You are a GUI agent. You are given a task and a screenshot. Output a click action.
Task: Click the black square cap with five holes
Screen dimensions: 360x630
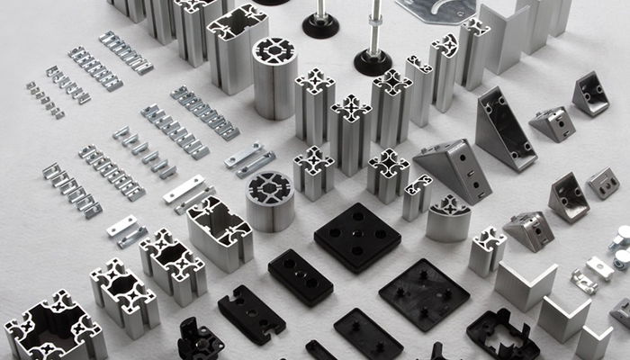357,237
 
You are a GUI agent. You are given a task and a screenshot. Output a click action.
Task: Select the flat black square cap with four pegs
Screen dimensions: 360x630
424,292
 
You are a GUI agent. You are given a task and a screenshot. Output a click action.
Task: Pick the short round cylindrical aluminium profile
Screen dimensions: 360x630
270,200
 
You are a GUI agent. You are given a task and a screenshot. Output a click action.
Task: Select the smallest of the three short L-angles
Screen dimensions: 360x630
594,342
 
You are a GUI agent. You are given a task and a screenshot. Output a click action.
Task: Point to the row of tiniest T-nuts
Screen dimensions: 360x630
44,99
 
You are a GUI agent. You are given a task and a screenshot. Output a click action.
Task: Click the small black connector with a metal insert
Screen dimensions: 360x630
200,340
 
